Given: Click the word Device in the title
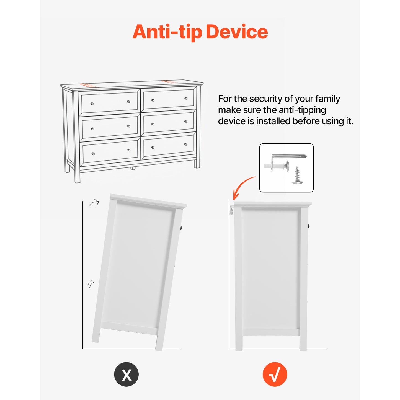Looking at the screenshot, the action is point(237,32).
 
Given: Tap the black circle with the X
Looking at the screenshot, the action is point(126,374).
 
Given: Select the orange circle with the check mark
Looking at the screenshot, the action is point(275,374).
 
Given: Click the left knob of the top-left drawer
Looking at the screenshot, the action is point(92,104).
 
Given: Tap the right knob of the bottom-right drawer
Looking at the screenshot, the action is point(185,144).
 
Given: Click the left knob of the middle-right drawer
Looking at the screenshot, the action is point(153,124).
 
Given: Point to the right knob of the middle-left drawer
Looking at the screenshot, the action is point(129,126).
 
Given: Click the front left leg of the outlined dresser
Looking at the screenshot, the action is point(77,137).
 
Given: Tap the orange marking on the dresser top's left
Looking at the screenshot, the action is point(88,85).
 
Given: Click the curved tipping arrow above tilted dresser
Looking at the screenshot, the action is point(94,203).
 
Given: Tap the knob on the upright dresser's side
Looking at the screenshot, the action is point(309,226).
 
